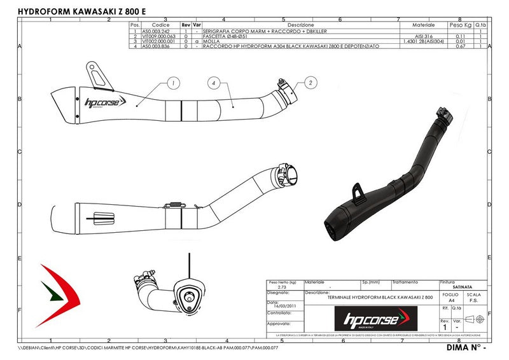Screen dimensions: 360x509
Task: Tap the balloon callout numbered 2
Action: coord(311,82)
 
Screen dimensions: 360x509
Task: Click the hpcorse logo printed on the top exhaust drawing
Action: coord(106,101)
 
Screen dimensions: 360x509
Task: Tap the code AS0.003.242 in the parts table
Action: coord(156,31)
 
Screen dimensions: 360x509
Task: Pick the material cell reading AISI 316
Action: coord(423,36)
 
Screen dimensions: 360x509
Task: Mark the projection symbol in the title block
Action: coord(474,319)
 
